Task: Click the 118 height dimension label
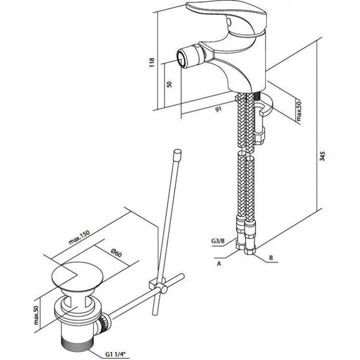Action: [x=152, y=62]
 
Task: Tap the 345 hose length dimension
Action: [x=322, y=156]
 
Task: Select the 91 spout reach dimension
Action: [x=218, y=109]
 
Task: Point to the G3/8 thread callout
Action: [x=217, y=241]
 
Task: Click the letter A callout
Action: [x=219, y=264]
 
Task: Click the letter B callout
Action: [x=271, y=258]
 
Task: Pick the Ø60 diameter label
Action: [x=117, y=253]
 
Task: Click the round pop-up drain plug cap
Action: [x=78, y=275]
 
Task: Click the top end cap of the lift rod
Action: [x=178, y=153]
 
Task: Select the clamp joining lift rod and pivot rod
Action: [x=158, y=285]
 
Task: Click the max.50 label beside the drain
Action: [x=37, y=315]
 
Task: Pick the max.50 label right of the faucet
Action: [x=298, y=111]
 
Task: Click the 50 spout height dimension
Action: [x=169, y=84]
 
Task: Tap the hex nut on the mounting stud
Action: [x=259, y=137]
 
